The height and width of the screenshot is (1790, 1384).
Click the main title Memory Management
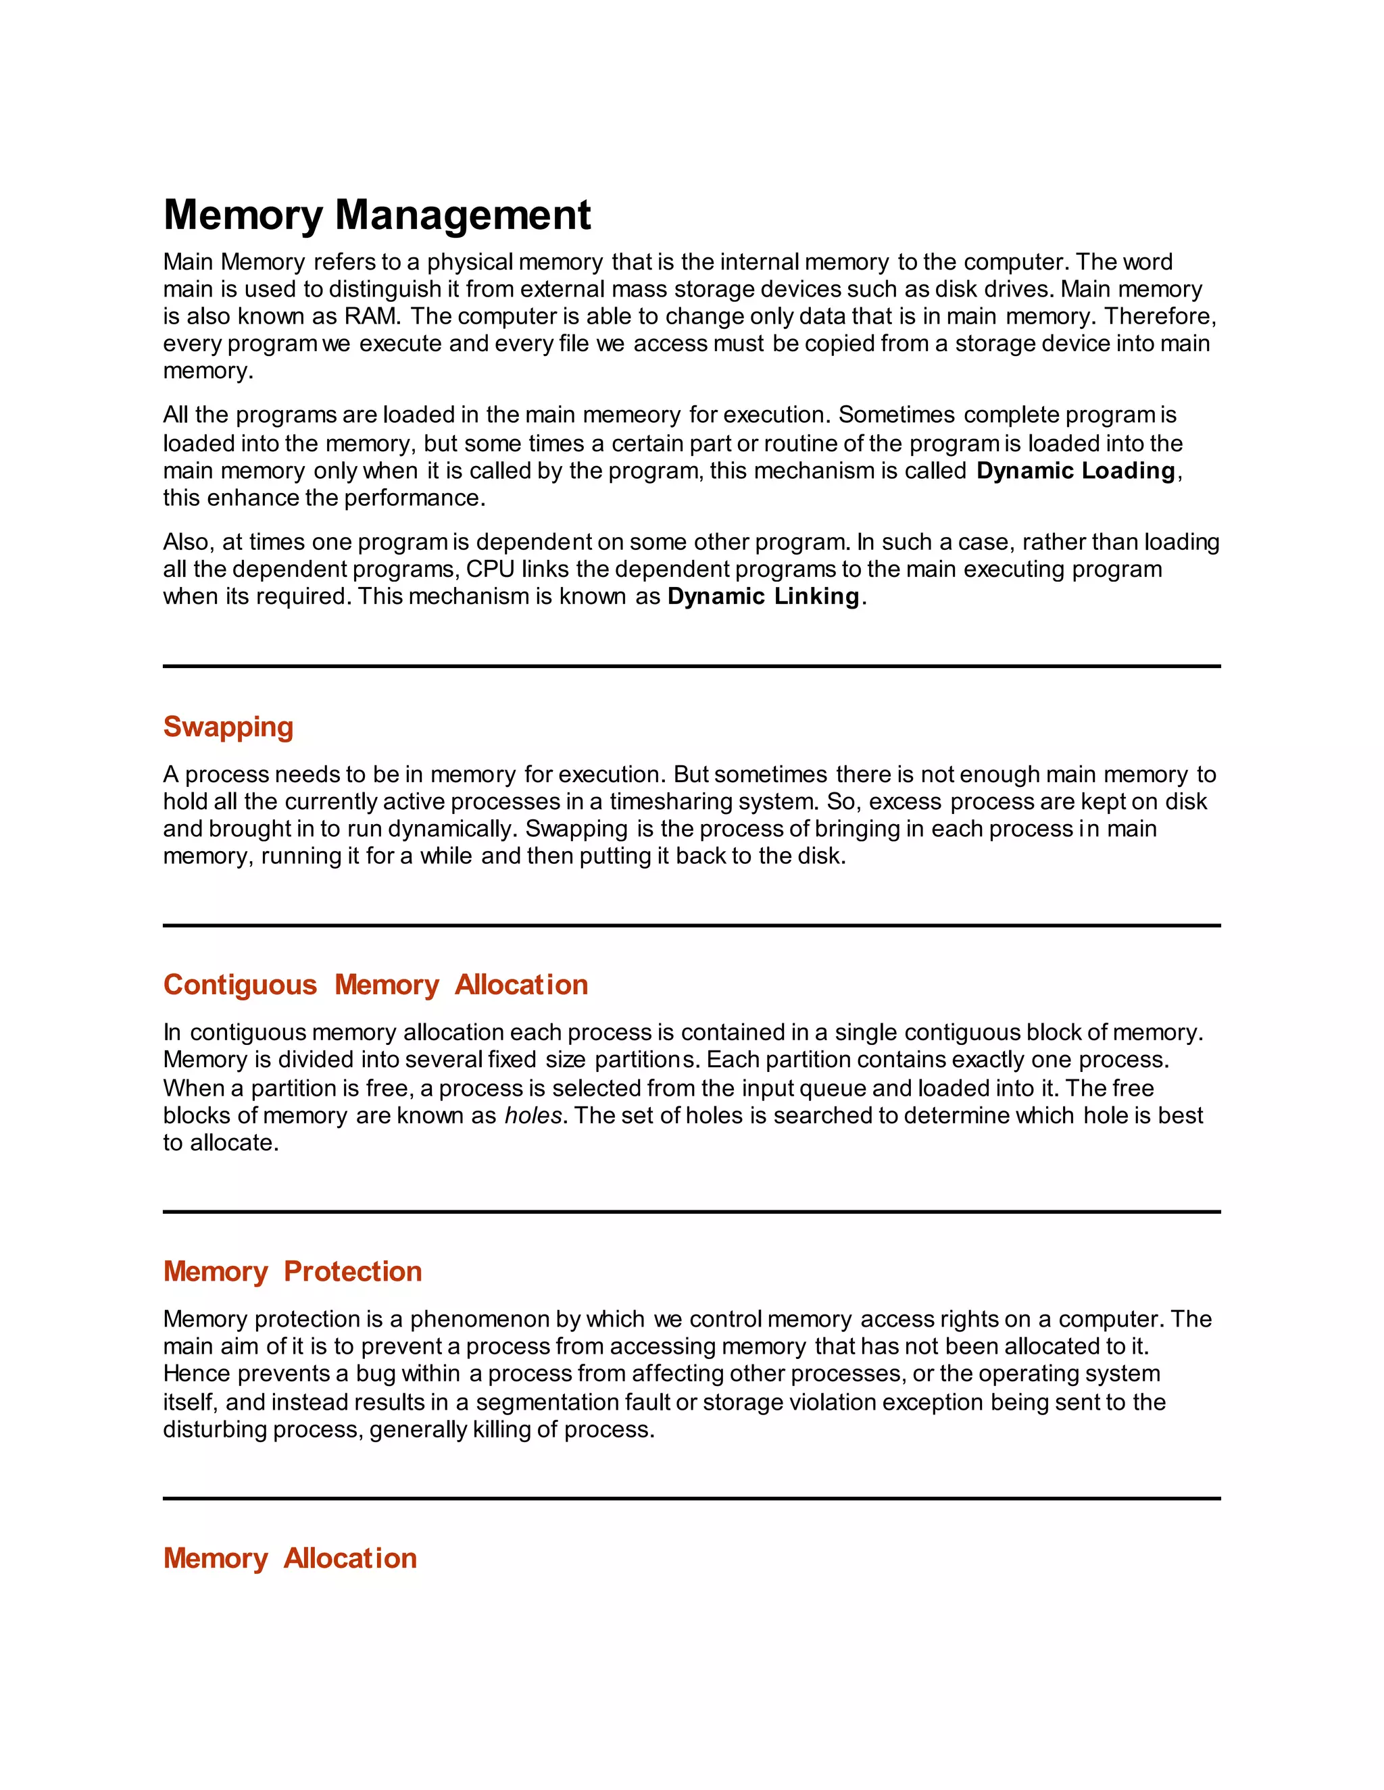point(376,215)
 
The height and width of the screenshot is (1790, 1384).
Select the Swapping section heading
point(228,727)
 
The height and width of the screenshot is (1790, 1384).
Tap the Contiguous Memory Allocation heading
point(376,984)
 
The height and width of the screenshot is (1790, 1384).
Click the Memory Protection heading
point(292,1271)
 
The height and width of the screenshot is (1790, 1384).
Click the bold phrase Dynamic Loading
point(1075,470)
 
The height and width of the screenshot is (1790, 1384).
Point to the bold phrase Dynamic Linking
point(762,596)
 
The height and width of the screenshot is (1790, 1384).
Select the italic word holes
point(533,1115)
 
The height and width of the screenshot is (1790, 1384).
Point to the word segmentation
point(546,1402)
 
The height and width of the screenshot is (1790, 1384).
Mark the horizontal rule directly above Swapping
point(691,666)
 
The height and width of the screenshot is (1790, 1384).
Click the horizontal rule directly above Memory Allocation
point(691,1498)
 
